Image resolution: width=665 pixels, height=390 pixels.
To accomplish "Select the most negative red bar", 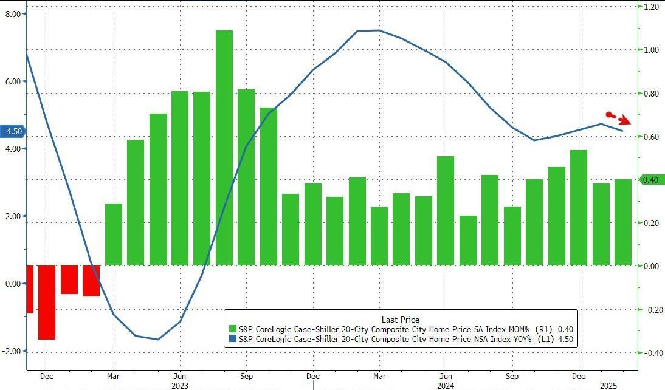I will coord(47,302).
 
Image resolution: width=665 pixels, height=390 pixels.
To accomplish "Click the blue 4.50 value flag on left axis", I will coord(13,131).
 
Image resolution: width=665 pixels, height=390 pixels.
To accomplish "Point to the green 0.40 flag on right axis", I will coord(650,180).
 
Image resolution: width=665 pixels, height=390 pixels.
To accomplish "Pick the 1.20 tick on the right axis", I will coord(652,7).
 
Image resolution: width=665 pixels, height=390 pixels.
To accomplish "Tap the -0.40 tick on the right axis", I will coord(650,353).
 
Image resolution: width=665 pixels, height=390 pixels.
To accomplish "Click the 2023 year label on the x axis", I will coord(180,385).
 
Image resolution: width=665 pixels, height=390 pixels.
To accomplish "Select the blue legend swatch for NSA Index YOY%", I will coord(232,340).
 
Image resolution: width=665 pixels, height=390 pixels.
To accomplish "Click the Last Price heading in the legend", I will coord(400,320).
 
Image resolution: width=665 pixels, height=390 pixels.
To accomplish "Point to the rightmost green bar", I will coord(623,222).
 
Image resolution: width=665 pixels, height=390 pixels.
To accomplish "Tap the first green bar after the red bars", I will coord(114,234).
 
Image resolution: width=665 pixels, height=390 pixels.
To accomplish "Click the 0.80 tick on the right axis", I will coord(652,94).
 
